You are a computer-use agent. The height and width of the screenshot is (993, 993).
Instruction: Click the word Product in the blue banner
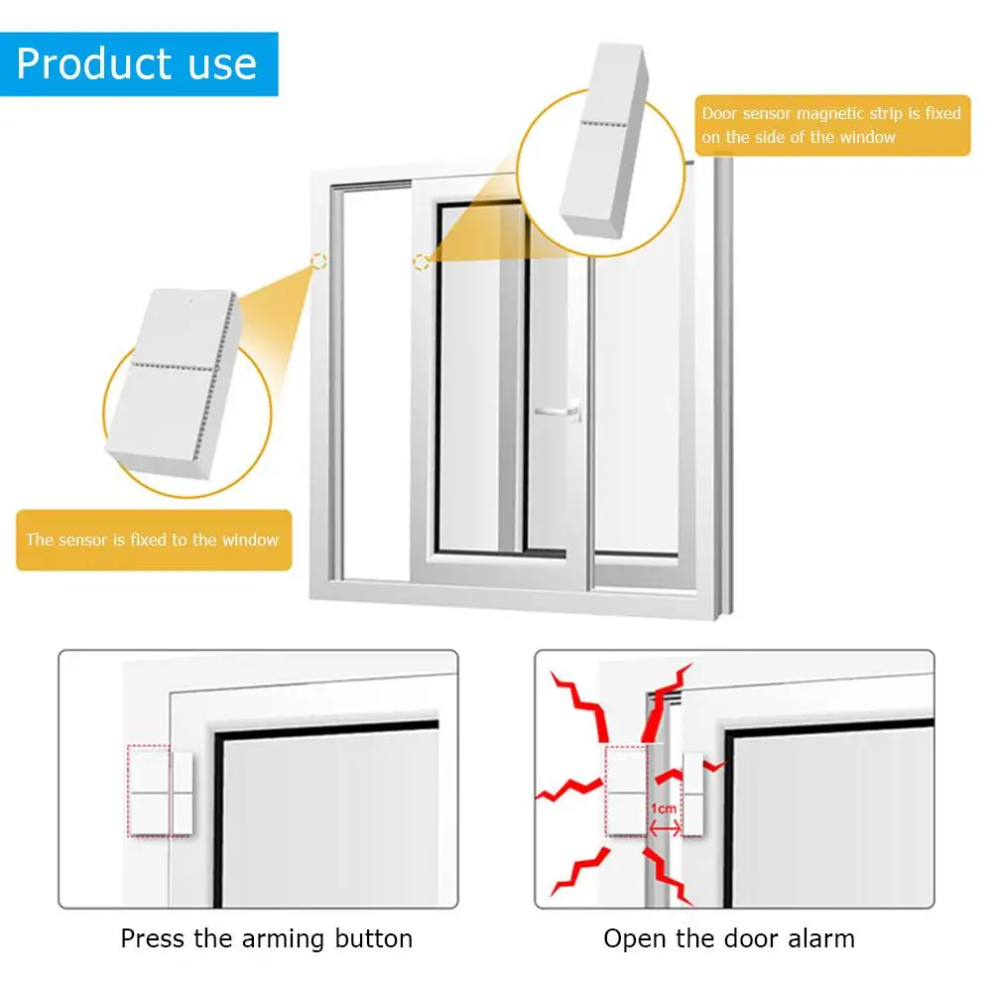click(x=93, y=63)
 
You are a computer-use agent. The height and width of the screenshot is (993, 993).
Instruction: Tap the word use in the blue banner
click(x=222, y=65)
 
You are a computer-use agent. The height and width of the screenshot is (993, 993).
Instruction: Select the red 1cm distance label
click(x=663, y=808)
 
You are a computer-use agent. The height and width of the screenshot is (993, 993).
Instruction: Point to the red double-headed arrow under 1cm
click(x=665, y=828)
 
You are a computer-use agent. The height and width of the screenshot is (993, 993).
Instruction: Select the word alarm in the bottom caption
click(x=821, y=938)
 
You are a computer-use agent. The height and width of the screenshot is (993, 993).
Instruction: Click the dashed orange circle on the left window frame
click(x=318, y=261)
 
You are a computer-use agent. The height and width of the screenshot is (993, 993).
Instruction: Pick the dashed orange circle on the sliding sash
click(x=422, y=261)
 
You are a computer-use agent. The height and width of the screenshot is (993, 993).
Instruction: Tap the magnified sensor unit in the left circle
click(x=174, y=383)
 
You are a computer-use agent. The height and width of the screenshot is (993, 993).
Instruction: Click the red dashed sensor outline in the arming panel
click(x=149, y=791)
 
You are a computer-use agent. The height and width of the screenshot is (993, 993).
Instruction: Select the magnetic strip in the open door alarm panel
click(x=693, y=794)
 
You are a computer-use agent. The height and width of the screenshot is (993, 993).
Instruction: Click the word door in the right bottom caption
click(x=753, y=938)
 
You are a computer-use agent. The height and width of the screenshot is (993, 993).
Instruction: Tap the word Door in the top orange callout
click(x=719, y=113)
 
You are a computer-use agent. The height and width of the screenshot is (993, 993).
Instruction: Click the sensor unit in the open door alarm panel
click(x=626, y=792)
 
